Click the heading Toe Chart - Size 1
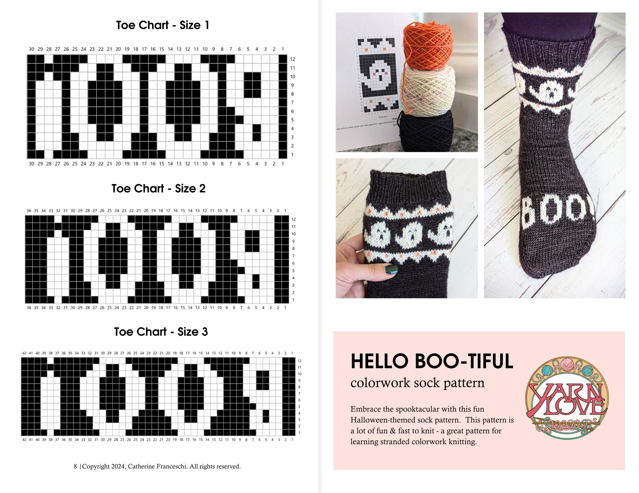[x=163, y=25]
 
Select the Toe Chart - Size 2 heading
[x=158, y=189]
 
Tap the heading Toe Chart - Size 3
[x=161, y=332]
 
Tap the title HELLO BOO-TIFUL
[x=432, y=362]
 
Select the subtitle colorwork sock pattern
[x=417, y=383]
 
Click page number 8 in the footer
[x=75, y=467]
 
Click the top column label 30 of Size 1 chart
[x=31, y=49]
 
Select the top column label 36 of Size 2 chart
[x=29, y=211]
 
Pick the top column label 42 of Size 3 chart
[x=24, y=353]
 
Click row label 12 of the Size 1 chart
[x=293, y=59]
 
